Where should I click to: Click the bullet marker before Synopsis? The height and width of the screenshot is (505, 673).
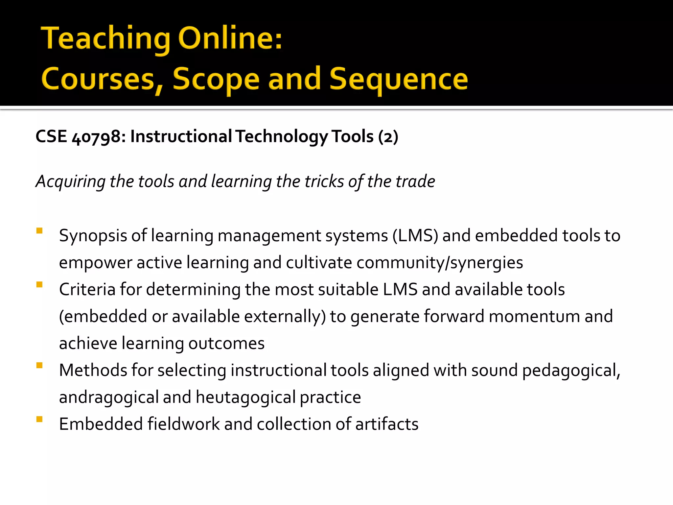point(39,231)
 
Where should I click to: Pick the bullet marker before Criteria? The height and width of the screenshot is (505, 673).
point(39,285)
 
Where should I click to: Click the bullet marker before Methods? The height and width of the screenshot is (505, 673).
point(39,365)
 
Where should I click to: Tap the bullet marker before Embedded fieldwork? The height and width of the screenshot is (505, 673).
point(39,419)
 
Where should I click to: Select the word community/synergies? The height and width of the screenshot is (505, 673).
point(440,263)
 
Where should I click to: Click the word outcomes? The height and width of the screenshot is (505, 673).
point(226,343)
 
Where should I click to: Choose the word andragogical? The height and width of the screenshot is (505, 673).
point(109,397)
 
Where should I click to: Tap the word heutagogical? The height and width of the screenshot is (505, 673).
point(246,397)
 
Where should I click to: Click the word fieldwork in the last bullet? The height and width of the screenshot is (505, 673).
point(183,424)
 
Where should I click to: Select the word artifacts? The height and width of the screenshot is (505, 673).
point(387,424)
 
